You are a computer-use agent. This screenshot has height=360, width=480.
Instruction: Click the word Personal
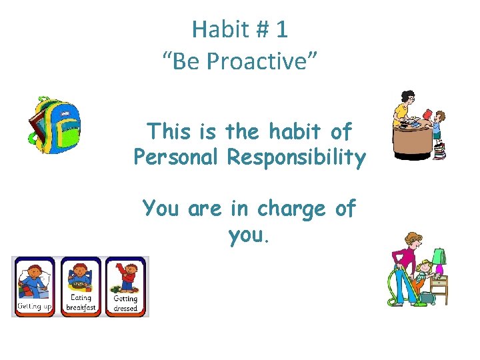point(176,158)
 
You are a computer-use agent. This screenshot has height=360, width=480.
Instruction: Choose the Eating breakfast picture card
point(81,286)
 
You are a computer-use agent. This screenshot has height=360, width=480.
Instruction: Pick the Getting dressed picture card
point(125,286)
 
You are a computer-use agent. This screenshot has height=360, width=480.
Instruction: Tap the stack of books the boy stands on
point(439,151)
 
